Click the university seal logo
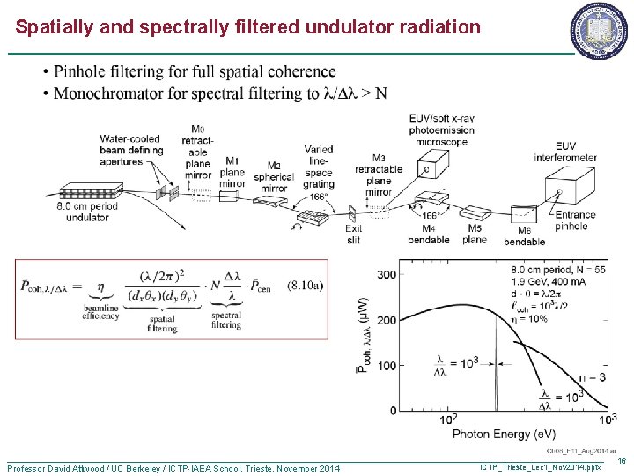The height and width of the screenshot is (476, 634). (600, 26)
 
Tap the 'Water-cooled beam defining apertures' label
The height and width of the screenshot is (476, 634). (131, 150)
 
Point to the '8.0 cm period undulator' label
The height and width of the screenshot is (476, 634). (87, 212)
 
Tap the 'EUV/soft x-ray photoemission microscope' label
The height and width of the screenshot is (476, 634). (441, 130)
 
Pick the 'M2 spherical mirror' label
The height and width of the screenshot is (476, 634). (274, 177)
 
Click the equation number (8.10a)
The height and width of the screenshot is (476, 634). (305, 285)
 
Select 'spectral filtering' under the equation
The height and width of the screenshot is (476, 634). (226, 320)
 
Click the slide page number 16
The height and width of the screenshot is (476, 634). (621, 460)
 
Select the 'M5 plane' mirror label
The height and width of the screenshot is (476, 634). (475, 234)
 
